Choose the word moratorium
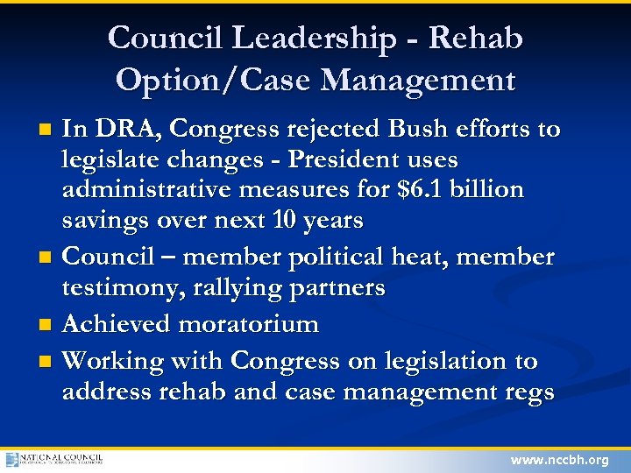[248, 324]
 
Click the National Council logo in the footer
[54, 459]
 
